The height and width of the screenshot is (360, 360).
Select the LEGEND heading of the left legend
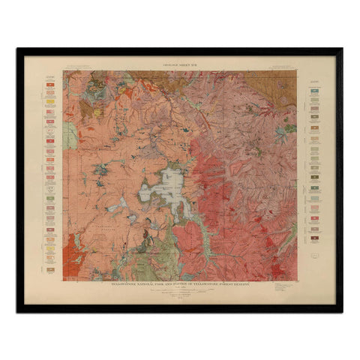(x=49, y=74)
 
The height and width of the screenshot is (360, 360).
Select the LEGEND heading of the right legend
(x=313, y=74)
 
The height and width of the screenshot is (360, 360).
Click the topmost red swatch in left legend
(x=49, y=84)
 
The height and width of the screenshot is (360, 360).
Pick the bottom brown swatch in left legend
(x=49, y=269)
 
